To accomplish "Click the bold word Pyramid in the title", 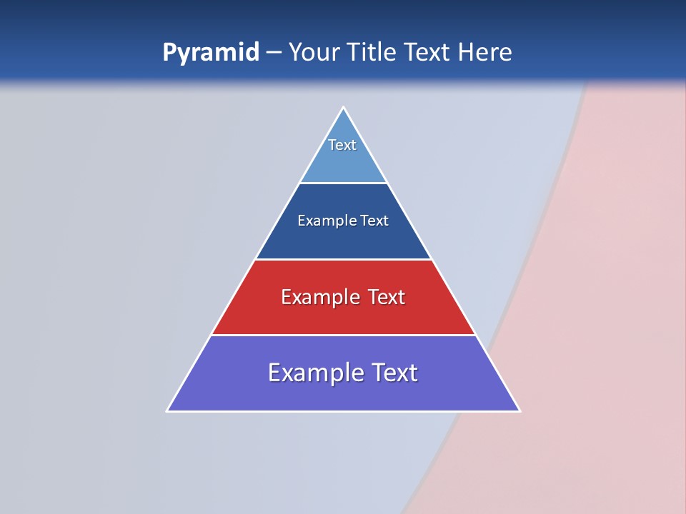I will [x=210, y=53].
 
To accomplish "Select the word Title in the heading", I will [x=372, y=52].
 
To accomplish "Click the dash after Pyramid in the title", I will [x=274, y=53].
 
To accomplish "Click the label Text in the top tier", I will [x=342, y=145].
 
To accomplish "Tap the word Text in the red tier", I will [x=387, y=297].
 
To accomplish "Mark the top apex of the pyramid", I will [x=344, y=109].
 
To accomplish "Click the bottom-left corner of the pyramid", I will [x=168, y=410].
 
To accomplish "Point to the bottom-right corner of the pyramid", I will [x=519, y=410].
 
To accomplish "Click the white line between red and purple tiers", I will [x=343, y=335].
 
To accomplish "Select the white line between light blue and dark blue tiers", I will [x=343, y=183].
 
